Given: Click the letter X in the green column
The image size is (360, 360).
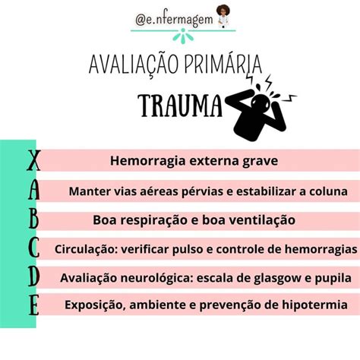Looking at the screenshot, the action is [33, 160].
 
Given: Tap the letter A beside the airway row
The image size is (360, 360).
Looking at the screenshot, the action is [34, 190].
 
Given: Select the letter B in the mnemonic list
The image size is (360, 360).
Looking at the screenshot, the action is [34, 219].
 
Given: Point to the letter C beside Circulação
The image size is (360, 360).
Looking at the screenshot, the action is [33, 248].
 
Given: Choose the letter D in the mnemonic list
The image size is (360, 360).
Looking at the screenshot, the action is [33, 276].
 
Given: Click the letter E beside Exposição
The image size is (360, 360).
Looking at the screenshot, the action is [33, 305].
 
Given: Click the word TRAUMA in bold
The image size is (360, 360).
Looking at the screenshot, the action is [180, 106].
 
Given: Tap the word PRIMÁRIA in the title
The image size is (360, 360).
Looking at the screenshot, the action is [223, 64].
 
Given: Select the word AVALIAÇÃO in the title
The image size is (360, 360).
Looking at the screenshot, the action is [134, 65].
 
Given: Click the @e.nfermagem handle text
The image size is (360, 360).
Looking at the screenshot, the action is [174, 19].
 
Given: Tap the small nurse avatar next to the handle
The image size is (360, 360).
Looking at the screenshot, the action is [223, 16].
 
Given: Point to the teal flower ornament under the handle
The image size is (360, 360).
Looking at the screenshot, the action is [183, 36].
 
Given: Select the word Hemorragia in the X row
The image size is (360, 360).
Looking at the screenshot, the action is [148, 161].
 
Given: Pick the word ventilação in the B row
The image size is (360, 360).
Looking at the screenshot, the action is [262, 220].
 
